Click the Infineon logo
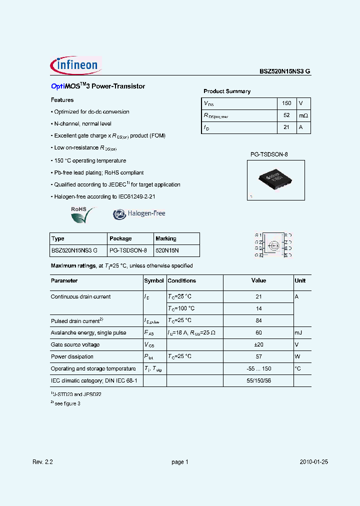point(76,65)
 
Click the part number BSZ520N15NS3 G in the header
point(284,71)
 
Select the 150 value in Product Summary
point(286,103)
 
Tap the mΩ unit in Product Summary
point(303,115)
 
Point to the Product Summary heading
point(227,91)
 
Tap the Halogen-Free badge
point(139,213)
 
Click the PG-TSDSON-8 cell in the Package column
point(128,250)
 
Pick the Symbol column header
point(154,281)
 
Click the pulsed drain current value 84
point(258,320)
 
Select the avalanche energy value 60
point(258,332)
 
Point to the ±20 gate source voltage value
point(258,344)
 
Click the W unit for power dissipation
point(298,356)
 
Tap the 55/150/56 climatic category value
point(258,380)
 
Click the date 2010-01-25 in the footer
point(314,462)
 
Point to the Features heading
point(62,100)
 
